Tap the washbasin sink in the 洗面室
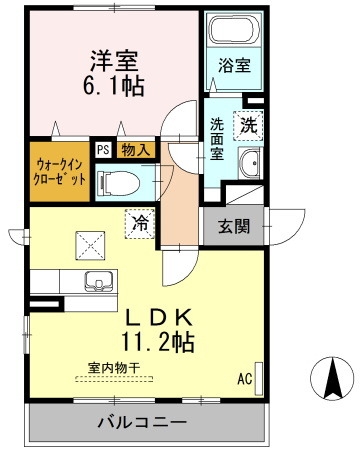[250, 161]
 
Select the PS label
[102, 151]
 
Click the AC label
[243, 380]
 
